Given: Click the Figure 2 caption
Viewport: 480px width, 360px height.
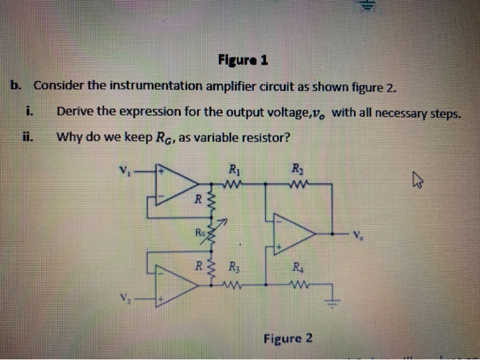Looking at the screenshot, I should (287, 338).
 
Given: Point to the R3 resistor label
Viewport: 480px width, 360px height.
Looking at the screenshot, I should (234, 267).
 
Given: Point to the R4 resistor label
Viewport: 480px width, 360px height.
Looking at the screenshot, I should (296, 268).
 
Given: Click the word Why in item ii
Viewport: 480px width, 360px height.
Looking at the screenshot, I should (69, 136).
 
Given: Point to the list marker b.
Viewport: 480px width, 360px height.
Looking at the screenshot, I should (16, 86).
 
